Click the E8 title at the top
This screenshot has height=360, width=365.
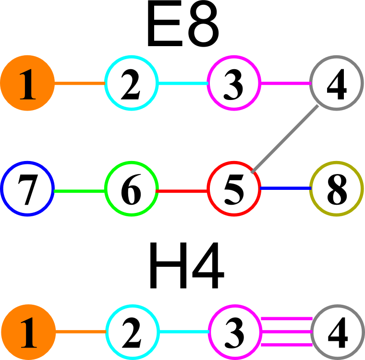(183, 28)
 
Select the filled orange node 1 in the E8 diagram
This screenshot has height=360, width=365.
(27, 84)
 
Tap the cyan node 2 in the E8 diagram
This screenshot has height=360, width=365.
(131, 84)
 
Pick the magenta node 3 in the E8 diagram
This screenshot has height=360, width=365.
(234, 84)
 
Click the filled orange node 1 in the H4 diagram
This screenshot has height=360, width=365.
(28, 332)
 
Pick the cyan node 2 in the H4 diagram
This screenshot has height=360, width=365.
(132, 332)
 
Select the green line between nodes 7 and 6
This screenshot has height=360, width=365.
(79, 191)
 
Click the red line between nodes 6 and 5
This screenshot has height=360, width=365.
(182, 191)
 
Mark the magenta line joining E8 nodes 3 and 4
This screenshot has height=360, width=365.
(285, 84)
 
